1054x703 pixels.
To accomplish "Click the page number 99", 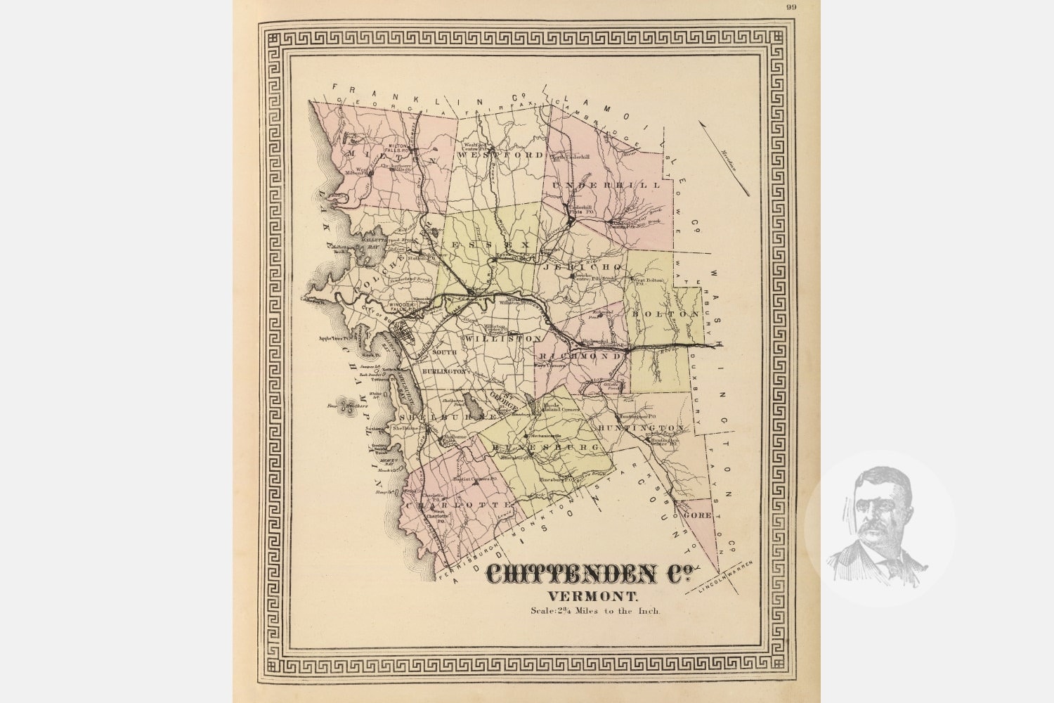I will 791,7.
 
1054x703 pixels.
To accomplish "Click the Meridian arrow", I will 724,157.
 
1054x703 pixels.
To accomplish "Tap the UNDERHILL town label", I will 606,185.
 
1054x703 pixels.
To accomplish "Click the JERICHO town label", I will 582,267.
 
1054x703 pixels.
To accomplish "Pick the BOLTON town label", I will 658,314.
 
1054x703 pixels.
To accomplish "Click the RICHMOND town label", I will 580,356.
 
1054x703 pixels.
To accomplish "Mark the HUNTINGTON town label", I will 642,427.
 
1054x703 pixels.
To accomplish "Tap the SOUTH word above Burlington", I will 444,351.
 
